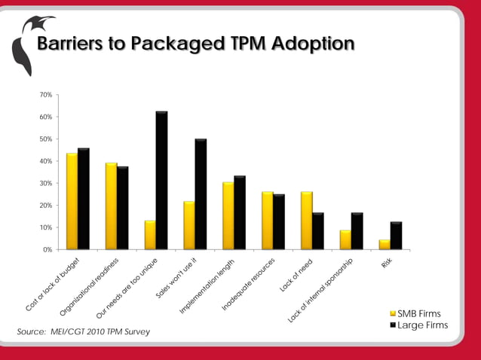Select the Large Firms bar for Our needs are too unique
click(x=161, y=180)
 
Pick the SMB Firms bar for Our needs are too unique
click(x=150, y=235)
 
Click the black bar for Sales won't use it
click(x=201, y=194)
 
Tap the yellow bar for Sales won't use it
click(x=189, y=225)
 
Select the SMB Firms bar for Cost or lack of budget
click(x=72, y=201)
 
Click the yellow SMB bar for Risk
click(x=384, y=244)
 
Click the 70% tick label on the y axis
click(x=45, y=96)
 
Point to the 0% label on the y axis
click(x=47, y=249)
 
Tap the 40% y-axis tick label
click(x=45, y=161)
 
